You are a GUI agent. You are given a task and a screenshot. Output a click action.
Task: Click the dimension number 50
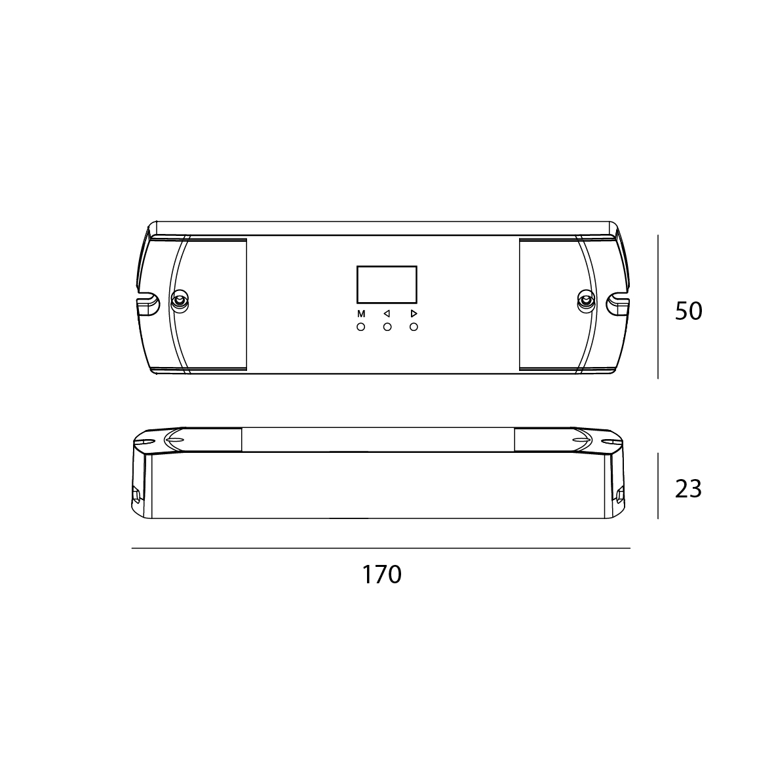[688, 311]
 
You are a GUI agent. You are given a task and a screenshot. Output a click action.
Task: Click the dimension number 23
[688, 489]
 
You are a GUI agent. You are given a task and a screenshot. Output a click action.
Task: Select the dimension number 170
[381, 575]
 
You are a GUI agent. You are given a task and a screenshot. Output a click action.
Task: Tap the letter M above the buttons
[361, 314]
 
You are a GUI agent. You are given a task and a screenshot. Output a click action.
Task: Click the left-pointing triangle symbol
[387, 314]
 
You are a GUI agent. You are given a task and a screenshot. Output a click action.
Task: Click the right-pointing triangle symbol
[414, 314]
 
